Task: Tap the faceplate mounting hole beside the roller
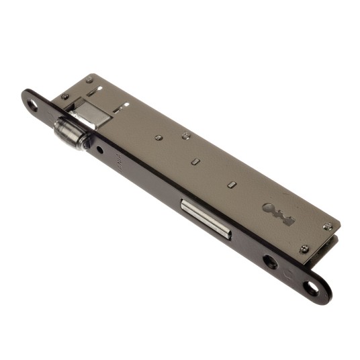coord(34,104)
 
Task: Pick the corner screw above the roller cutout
coord(89,80)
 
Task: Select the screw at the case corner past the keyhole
coord(327,227)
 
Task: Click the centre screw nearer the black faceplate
coord(158,138)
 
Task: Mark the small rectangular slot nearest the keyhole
coord(231,183)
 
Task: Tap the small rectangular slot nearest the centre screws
coord(195,162)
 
